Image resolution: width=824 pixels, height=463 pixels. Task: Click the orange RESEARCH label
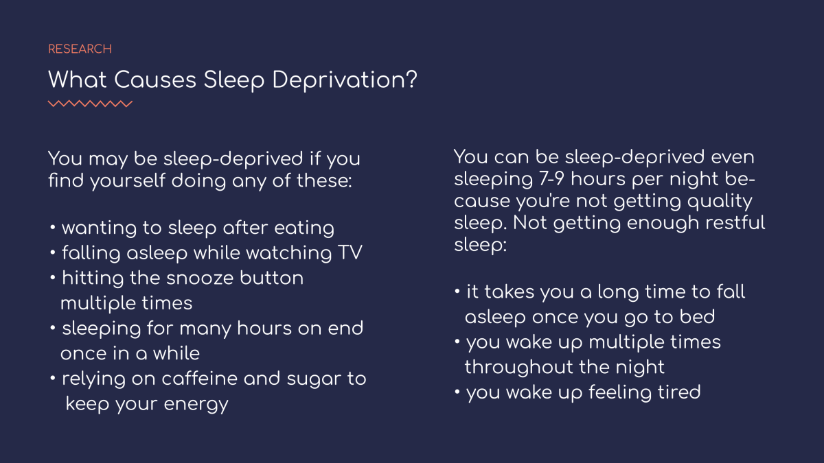point(80,49)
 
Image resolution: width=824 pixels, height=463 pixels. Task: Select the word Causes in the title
point(155,80)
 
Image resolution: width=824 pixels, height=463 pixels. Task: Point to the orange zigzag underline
point(90,104)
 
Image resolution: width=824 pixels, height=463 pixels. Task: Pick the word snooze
point(200,278)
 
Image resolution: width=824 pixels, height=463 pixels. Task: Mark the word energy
point(196,405)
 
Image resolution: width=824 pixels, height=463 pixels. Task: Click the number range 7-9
point(551,179)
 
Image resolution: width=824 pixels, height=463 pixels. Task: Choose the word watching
point(289,254)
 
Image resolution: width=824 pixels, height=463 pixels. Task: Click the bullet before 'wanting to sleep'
point(53,228)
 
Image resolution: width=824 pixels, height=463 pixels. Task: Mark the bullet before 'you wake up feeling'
point(457,392)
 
